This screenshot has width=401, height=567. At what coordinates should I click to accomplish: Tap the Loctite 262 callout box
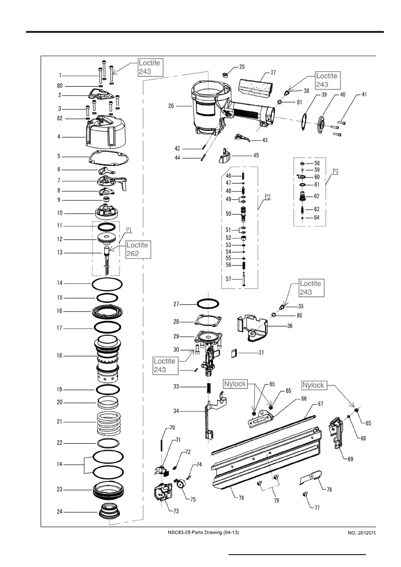138,249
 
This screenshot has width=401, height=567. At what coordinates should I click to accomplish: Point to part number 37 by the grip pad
273,72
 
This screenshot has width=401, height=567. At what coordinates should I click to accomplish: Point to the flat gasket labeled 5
110,158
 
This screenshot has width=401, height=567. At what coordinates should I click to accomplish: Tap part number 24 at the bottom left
60,512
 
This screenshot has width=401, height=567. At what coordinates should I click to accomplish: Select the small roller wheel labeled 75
181,486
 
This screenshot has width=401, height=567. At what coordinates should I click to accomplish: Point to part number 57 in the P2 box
229,279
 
